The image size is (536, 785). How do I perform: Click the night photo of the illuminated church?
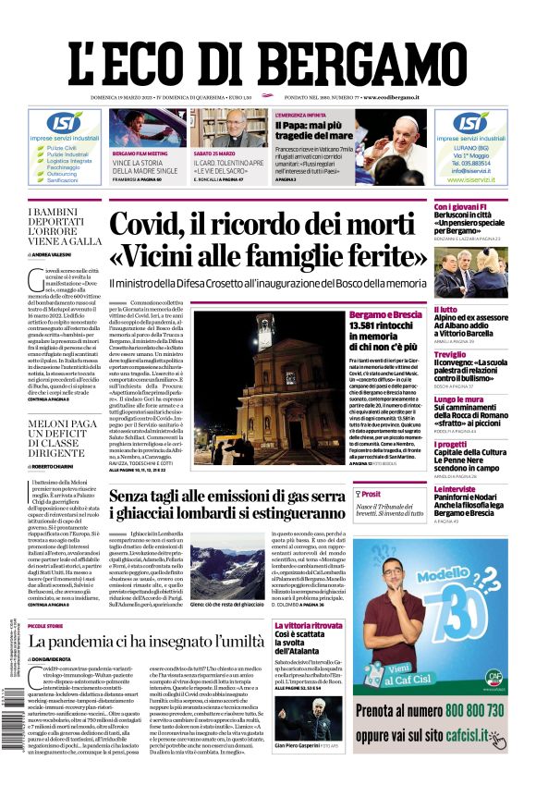[x=267, y=388]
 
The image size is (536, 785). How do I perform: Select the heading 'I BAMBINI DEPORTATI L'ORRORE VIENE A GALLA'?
[x=65, y=227]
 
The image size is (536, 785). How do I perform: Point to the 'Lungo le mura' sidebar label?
[x=459, y=399]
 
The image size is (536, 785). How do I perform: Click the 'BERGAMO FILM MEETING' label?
[x=140, y=153]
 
